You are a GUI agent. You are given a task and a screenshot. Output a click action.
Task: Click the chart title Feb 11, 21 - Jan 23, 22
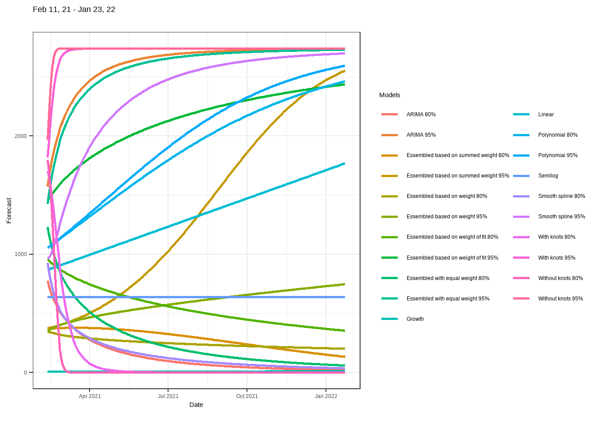(x=74, y=9)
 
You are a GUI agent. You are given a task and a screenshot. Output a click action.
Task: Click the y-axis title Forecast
(x=9, y=210)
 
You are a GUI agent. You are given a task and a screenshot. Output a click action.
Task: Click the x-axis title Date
(x=196, y=405)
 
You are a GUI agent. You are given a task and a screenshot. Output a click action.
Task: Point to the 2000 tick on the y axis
(x=21, y=136)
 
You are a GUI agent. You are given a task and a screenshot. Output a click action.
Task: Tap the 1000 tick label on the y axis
(x=21, y=254)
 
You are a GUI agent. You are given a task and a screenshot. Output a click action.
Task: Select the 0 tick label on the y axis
(x=25, y=373)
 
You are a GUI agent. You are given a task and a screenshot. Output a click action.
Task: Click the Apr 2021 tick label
(x=90, y=396)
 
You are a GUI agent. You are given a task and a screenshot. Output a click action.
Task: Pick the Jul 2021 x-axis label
(x=168, y=396)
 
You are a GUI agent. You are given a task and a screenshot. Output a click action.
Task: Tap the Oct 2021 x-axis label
(x=247, y=396)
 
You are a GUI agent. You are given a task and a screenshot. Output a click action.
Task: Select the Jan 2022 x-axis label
(x=326, y=396)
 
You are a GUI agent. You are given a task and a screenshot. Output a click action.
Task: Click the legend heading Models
(x=389, y=95)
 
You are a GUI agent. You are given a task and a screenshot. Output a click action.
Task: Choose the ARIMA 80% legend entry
(x=421, y=114)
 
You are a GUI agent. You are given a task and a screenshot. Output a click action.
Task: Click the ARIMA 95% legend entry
(x=421, y=135)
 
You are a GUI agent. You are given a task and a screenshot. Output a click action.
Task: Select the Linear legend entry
(x=546, y=114)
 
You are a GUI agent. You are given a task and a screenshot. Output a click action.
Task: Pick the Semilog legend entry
(x=548, y=176)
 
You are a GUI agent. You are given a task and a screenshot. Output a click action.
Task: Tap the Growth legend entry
(x=415, y=319)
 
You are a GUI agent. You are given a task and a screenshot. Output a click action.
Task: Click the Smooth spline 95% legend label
(x=561, y=217)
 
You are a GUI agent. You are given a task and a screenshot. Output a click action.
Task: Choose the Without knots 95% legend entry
(x=561, y=299)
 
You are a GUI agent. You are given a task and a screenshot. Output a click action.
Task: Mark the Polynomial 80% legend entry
(x=558, y=135)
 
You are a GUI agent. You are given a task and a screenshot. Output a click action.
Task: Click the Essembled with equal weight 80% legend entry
(x=448, y=278)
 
